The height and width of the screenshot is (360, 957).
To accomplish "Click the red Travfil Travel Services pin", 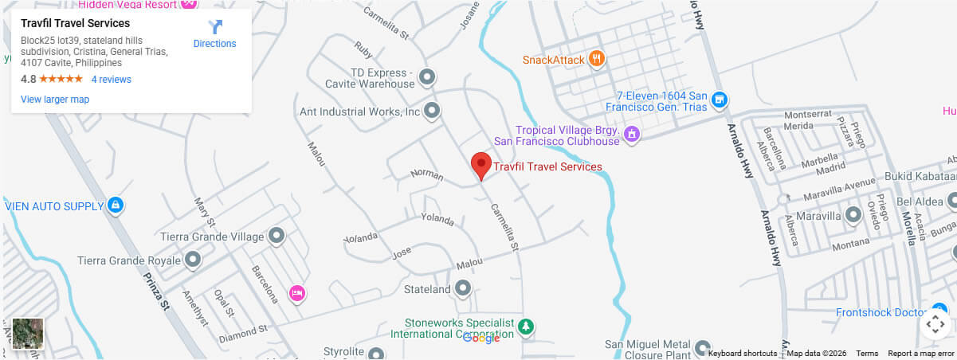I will [480, 165].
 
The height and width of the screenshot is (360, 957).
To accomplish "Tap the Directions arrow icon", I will [214, 28].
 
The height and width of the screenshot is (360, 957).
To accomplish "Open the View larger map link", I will [55, 100].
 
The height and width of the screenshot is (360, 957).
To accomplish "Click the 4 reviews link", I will [111, 80].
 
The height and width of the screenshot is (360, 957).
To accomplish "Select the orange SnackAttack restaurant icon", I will [594, 59].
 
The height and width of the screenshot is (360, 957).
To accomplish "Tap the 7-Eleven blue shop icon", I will [719, 100].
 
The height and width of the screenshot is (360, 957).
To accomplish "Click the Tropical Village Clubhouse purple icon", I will [631, 133].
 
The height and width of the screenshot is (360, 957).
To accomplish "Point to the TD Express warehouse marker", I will [427, 77].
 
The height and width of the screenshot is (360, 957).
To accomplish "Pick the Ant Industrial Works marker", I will [432, 112].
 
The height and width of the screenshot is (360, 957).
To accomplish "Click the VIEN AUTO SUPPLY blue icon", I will [116, 206].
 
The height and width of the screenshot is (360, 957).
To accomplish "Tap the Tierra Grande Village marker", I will [277, 236].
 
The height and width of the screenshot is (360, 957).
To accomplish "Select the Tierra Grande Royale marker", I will [193, 260].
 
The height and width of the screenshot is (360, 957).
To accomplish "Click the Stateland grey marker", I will [463, 288].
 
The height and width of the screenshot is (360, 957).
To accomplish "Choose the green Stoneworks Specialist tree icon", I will [525, 326].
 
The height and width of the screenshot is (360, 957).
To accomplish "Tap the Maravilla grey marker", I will [853, 215].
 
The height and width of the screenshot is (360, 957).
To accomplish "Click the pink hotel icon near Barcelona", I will [296, 293].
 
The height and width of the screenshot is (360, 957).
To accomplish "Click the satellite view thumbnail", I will [28, 334].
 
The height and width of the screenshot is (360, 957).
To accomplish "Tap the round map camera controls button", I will [936, 324].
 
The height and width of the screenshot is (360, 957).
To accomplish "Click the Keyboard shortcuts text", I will [743, 354].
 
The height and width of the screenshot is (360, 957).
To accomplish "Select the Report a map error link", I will [920, 354].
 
